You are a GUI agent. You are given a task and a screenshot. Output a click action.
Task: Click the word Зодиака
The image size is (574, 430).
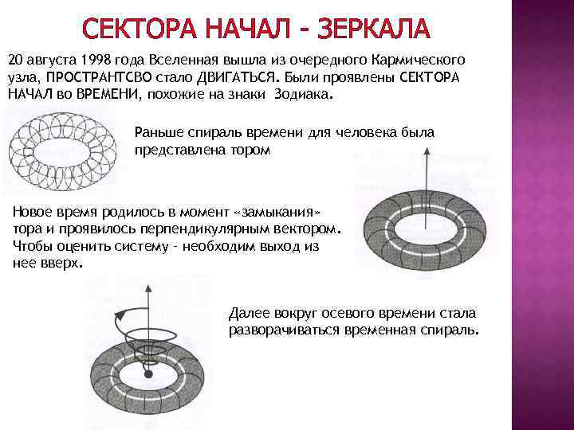301,94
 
